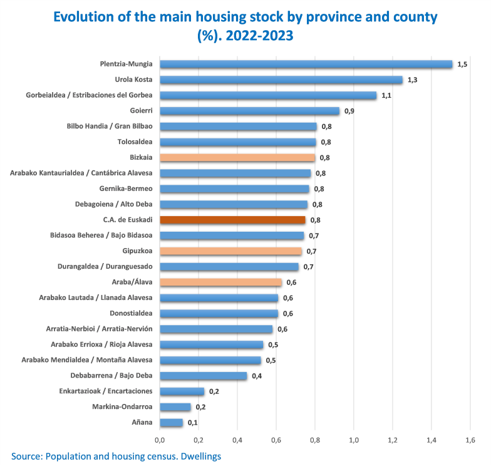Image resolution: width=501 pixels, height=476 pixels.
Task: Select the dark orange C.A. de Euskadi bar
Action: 232,220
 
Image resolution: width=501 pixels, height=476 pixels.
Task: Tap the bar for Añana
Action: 171,423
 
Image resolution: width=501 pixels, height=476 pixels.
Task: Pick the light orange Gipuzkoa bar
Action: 230,251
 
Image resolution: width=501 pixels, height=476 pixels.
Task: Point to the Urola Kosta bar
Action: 281,80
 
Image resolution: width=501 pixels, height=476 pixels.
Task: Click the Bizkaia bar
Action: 237,158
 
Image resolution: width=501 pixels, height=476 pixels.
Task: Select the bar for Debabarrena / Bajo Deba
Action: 204,376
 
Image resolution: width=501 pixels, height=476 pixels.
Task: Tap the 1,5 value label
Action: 462,65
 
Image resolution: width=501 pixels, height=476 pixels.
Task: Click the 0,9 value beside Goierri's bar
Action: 349,111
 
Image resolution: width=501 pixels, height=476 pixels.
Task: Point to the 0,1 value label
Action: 193,423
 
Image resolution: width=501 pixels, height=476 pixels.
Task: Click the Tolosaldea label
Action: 135,142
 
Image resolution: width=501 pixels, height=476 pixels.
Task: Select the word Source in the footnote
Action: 26,457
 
